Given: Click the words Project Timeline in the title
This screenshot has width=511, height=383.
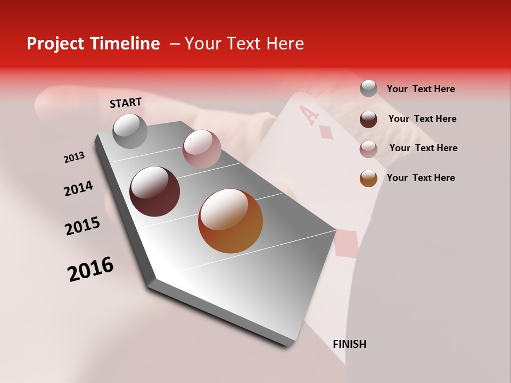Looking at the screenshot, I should click(x=93, y=44).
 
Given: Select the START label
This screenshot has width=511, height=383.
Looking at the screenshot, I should click(x=126, y=103).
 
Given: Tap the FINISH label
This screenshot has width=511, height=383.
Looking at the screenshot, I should click(x=349, y=344).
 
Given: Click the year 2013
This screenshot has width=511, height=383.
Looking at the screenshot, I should click(x=74, y=157).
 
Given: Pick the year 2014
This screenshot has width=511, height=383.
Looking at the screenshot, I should click(x=78, y=189).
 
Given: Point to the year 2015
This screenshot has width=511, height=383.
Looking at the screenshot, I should click(x=83, y=226).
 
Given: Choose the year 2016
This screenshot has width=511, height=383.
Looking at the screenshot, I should click(x=90, y=269).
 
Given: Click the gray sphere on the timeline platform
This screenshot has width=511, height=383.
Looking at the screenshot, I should click(x=130, y=131).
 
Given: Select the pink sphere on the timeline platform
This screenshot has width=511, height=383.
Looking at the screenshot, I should click(x=202, y=148).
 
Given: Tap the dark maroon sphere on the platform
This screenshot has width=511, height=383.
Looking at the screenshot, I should click(x=154, y=191).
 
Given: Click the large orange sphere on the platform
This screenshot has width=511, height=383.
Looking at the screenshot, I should click(x=230, y=221).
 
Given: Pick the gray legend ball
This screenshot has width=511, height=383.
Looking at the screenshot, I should click(x=368, y=89).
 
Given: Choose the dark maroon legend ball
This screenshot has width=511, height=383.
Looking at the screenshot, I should click(x=368, y=119).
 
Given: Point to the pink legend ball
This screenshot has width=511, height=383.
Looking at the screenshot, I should click(x=368, y=148).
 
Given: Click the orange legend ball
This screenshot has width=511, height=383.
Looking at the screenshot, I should click(x=368, y=178).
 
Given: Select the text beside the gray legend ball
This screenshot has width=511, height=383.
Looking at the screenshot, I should click(x=421, y=89).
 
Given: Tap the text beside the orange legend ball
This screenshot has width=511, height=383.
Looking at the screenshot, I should click(x=421, y=178).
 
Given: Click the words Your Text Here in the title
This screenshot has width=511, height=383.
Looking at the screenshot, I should click(x=244, y=44).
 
